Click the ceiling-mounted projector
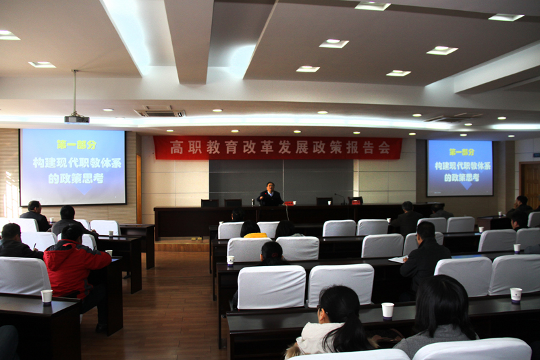[77, 119]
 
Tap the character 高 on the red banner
[177, 147]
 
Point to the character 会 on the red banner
[384, 148]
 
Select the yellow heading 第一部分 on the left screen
[77, 145]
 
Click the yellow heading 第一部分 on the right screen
[462, 152]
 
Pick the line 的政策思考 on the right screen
[462, 178]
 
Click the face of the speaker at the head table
[271, 187]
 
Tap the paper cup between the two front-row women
[387, 311]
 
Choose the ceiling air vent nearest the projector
[160, 111]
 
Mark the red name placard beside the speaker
[289, 203]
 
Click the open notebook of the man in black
[398, 259]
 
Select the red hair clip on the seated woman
[274, 255]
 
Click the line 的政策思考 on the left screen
[76, 178]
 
